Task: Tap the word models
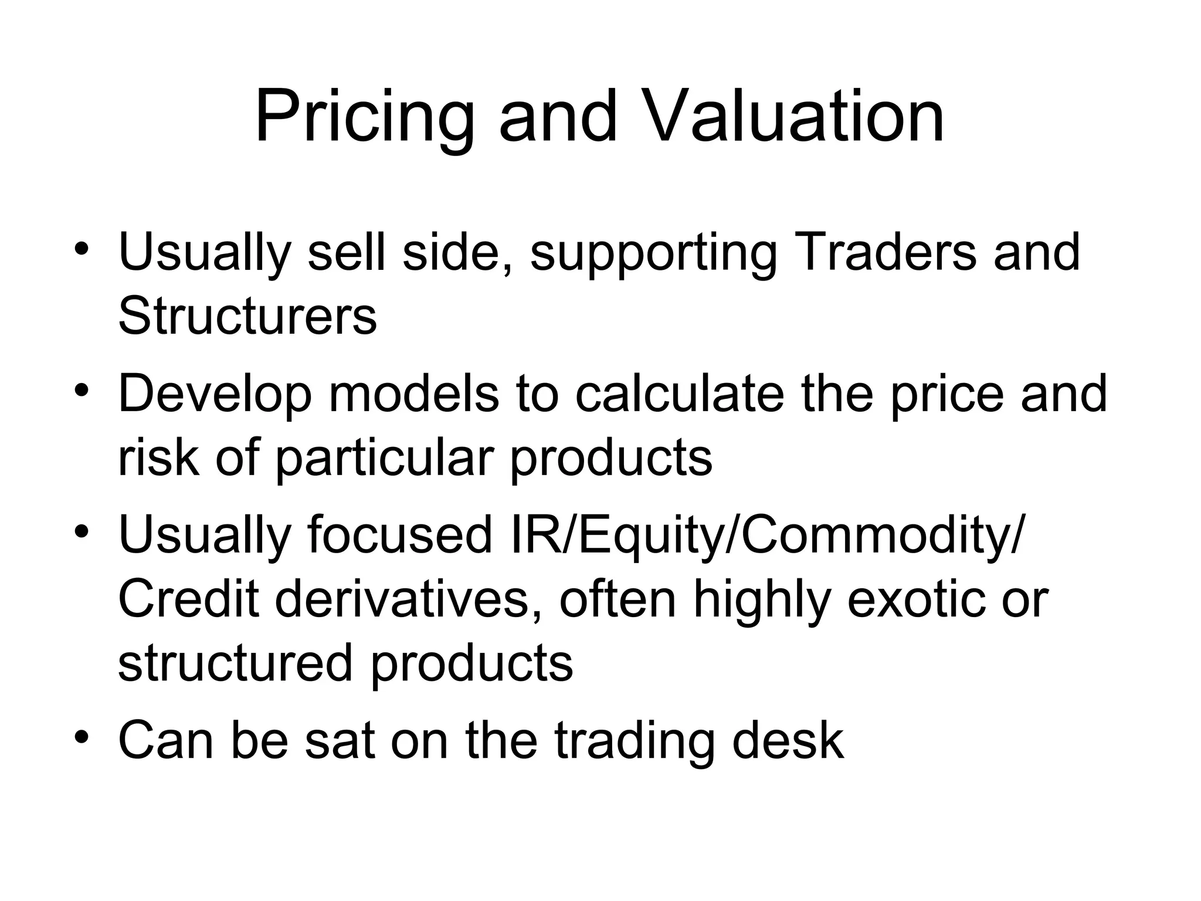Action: tap(414, 394)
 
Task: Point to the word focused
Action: tap(399, 535)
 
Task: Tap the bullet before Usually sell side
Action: tap(82, 248)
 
